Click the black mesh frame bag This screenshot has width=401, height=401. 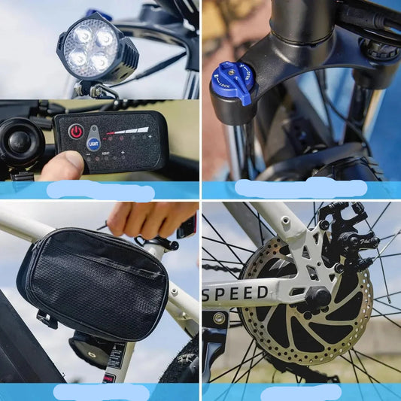[94, 285]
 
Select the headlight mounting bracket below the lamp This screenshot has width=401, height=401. [93, 90]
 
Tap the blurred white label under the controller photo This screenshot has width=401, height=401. [100, 190]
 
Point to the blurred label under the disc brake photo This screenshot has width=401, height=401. [300, 392]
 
